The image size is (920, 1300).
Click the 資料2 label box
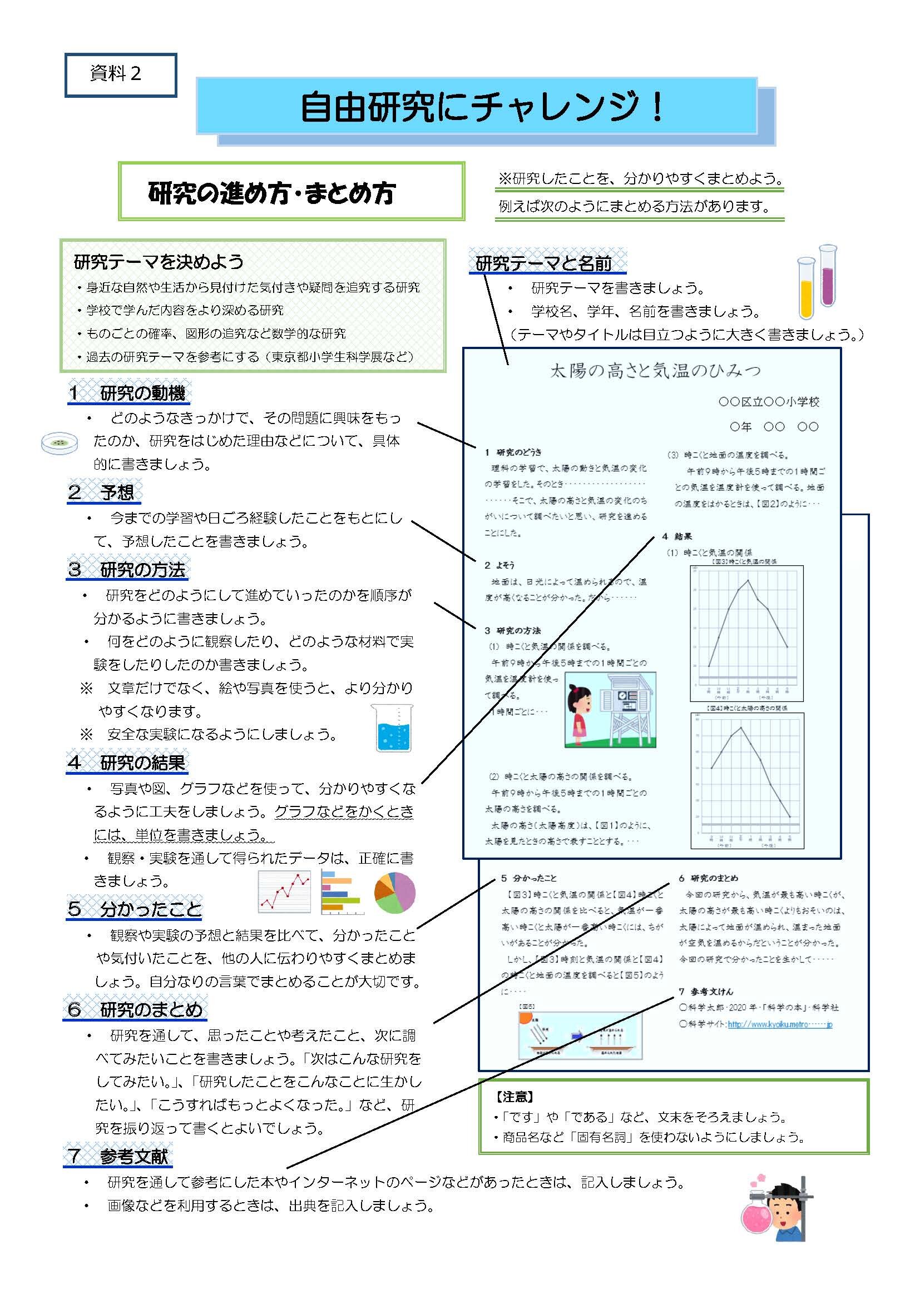(x=120, y=74)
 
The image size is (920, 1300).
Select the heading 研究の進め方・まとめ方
(x=271, y=193)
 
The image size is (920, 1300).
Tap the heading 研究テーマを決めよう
(x=159, y=262)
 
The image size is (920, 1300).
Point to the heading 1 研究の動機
(x=127, y=393)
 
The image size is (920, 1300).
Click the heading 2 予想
(x=104, y=492)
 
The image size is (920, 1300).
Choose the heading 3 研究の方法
(x=127, y=569)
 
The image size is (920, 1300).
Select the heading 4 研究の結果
(x=127, y=763)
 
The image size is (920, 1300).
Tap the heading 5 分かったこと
(x=135, y=909)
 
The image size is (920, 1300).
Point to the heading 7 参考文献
(x=118, y=1156)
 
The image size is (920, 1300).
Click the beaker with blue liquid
(x=392, y=728)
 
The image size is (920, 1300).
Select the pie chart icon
(x=395, y=893)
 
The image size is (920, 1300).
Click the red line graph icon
(x=284, y=891)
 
